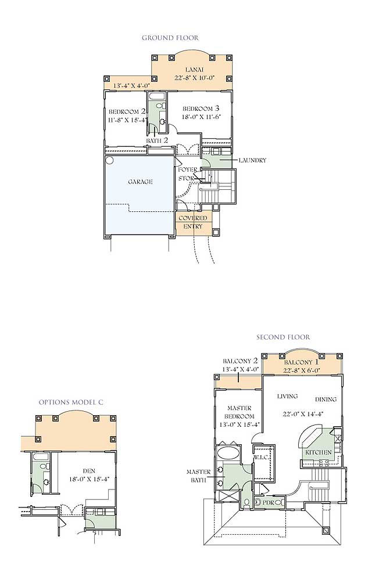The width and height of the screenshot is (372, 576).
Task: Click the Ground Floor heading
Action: (x=170, y=38)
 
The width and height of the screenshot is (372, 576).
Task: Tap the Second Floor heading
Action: (x=283, y=337)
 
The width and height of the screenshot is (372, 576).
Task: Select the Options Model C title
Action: (x=71, y=402)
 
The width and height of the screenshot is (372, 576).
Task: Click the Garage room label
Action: (x=140, y=182)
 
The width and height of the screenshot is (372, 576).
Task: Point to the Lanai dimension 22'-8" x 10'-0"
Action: (x=194, y=78)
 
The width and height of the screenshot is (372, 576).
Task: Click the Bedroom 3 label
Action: (x=201, y=109)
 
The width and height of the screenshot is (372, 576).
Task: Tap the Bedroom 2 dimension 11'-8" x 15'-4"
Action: (x=128, y=120)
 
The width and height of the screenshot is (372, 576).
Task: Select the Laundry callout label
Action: (x=252, y=160)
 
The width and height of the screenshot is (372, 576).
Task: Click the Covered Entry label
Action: (x=192, y=222)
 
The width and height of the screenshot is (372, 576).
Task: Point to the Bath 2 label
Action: (x=157, y=141)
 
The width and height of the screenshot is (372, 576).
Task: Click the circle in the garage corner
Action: (x=109, y=160)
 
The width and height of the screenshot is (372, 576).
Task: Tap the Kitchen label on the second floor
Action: (x=319, y=452)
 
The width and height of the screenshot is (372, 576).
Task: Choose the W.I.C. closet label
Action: (x=260, y=458)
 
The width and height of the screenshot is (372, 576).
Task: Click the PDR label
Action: (x=269, y=502)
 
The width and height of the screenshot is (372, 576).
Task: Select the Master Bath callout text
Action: (x=199, y=476)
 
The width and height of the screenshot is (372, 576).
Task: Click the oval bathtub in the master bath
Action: (x=228, y=452)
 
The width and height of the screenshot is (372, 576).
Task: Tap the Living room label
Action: (x=288, y=397)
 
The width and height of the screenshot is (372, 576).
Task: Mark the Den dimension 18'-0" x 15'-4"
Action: (x=89, y=479)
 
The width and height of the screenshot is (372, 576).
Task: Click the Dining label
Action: (x=325, y=399)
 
